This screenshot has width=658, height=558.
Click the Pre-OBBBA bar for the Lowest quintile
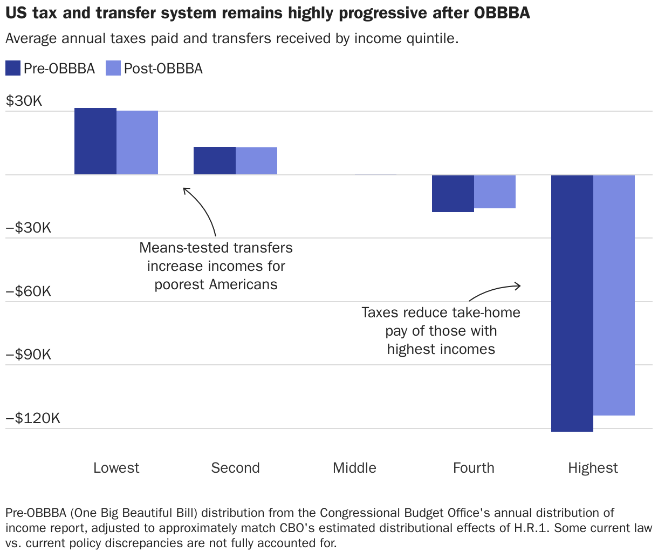click(x=95, y=141)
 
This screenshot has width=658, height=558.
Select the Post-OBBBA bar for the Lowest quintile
click(x=138, y=142)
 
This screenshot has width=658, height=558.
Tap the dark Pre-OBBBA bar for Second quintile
click(x=215, y=161)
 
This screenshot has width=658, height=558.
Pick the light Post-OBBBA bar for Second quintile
click(x=257, y=161)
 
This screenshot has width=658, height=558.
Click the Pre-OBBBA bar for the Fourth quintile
click(x=453, y=193)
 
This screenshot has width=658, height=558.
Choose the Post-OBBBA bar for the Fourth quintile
click(x=495, y=192)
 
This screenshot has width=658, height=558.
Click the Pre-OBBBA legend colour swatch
click(x=13, y=69)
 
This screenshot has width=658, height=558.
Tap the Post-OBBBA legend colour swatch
click(x=113, y=69)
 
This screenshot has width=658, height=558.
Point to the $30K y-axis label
click(x=24, y=101)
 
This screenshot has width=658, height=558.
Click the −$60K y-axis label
click(x=29, y=291)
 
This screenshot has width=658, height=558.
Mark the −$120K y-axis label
click(x=33, y=418)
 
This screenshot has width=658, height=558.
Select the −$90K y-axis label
click(x=29, y=355)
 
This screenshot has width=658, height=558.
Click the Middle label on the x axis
click(x=354, y=468)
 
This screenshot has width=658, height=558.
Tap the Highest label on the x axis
click(x=593, y=468)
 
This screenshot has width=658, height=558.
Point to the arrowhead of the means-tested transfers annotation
click(x=185, y=189)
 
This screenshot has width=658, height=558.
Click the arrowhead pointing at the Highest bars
click(x=519, y=285)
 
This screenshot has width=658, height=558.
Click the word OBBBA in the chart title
click(x=502, y=13)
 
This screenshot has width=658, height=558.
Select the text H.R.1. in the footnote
click(x=531, y=528)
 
